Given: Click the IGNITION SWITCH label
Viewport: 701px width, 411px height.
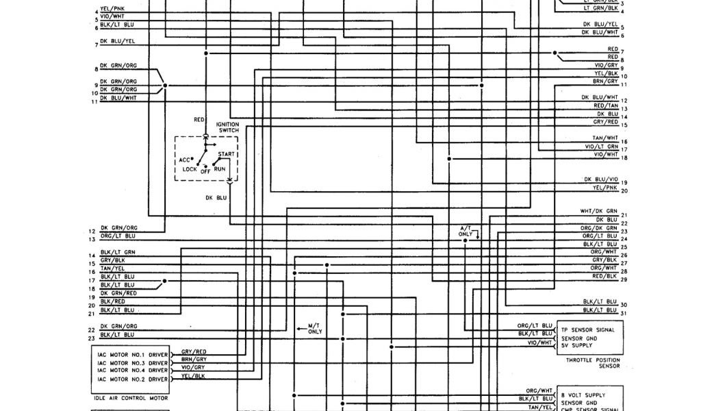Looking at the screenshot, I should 228,127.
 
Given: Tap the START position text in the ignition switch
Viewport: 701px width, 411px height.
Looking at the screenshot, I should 227,154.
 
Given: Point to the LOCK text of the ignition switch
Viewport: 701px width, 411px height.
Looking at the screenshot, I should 190,169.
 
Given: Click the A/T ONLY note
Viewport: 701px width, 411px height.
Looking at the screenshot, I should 466,230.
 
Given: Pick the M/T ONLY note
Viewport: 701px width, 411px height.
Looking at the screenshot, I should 315,328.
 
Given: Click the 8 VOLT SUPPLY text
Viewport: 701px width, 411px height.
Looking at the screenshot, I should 583,395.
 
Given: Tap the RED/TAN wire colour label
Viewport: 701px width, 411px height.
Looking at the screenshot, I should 605,106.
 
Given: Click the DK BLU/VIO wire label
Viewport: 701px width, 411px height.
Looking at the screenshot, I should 600,179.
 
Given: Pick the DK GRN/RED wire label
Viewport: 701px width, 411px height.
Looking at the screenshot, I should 118,292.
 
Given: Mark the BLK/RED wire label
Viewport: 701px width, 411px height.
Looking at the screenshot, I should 112,301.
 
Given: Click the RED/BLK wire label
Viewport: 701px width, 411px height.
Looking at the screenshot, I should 605,276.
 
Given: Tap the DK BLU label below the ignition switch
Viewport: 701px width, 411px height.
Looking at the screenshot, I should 216,197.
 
